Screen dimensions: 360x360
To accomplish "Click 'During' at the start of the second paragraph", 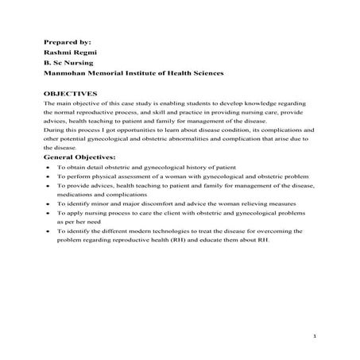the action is tap(54, 129).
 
